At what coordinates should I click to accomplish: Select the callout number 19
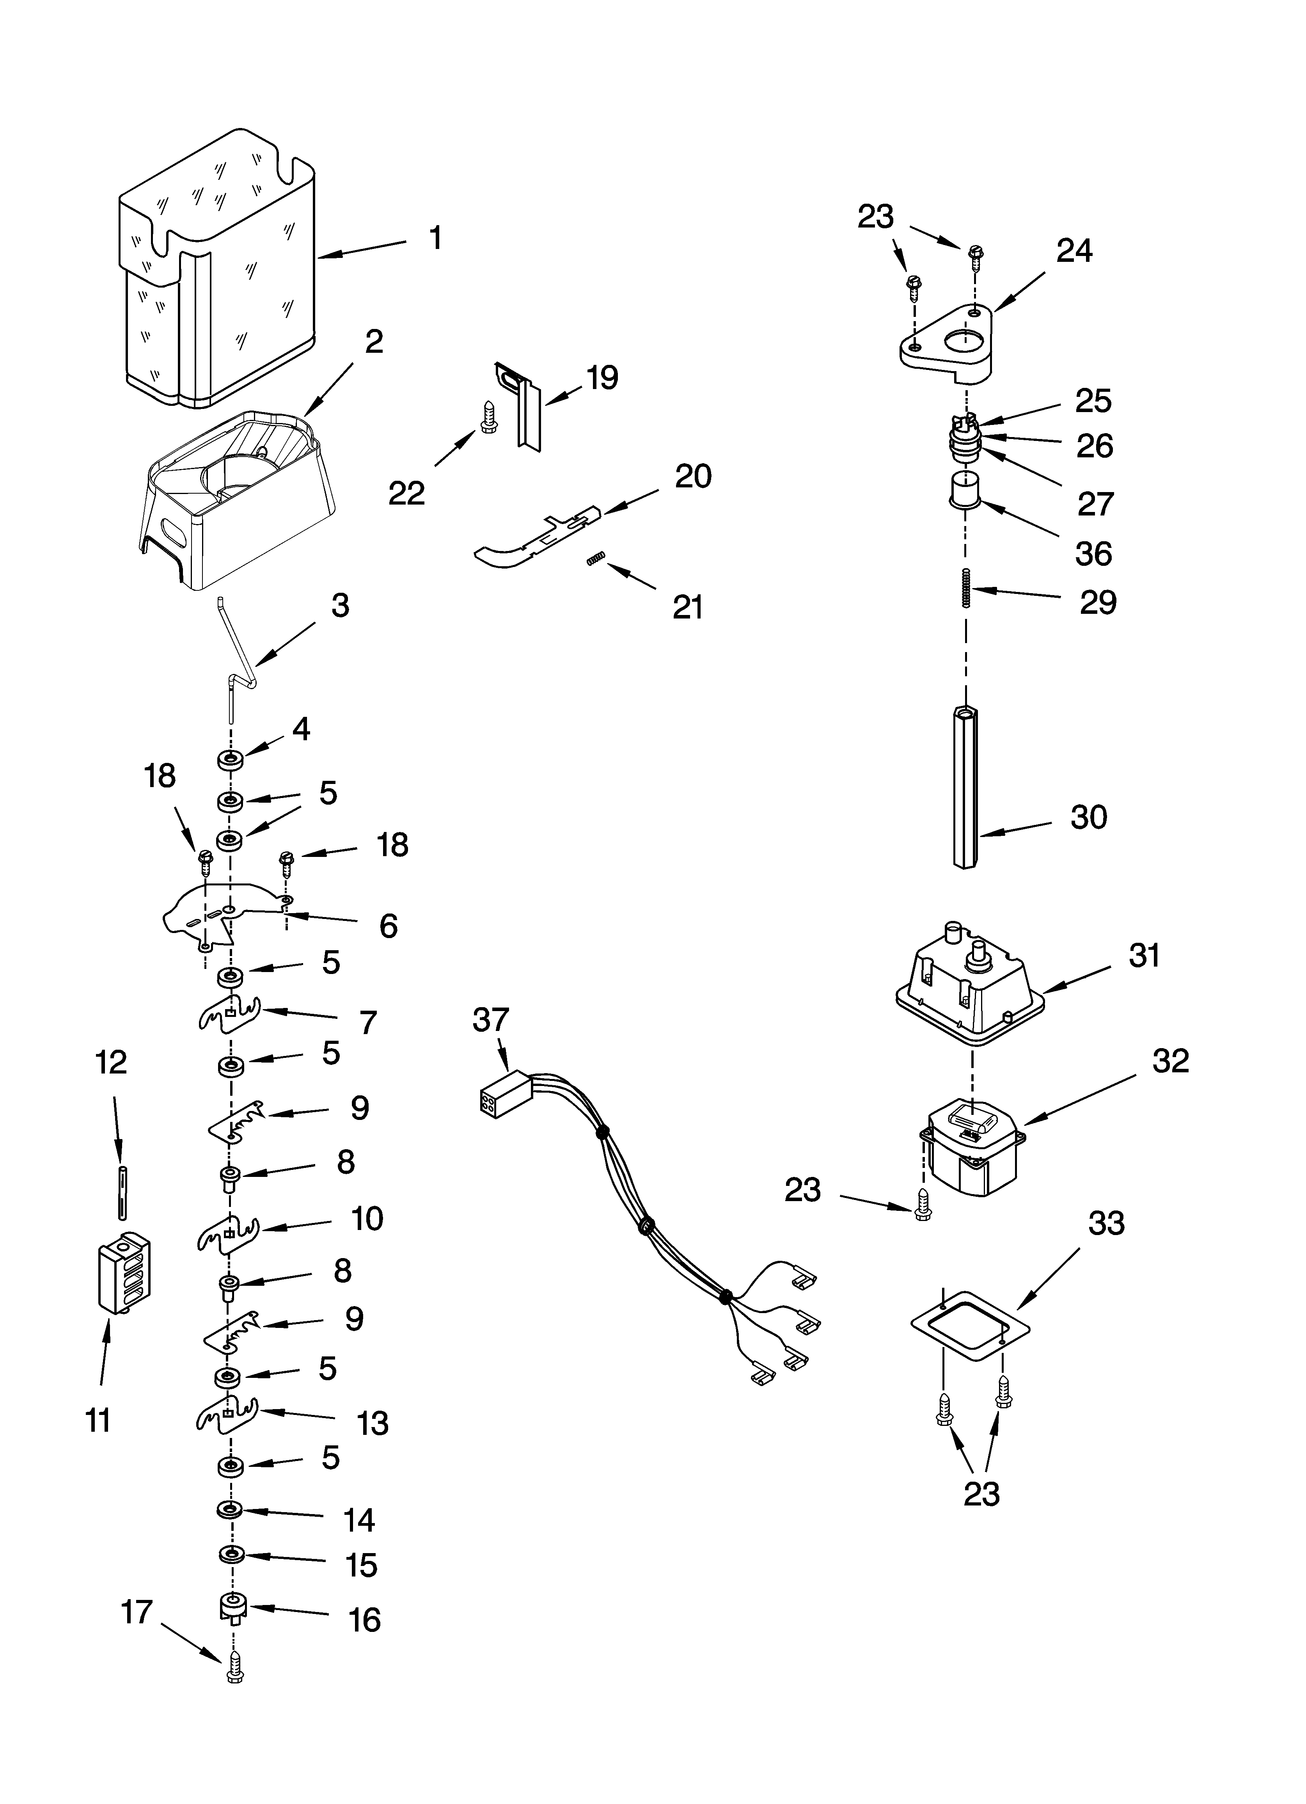[603, 378]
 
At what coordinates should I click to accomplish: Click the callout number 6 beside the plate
[388, 926]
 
